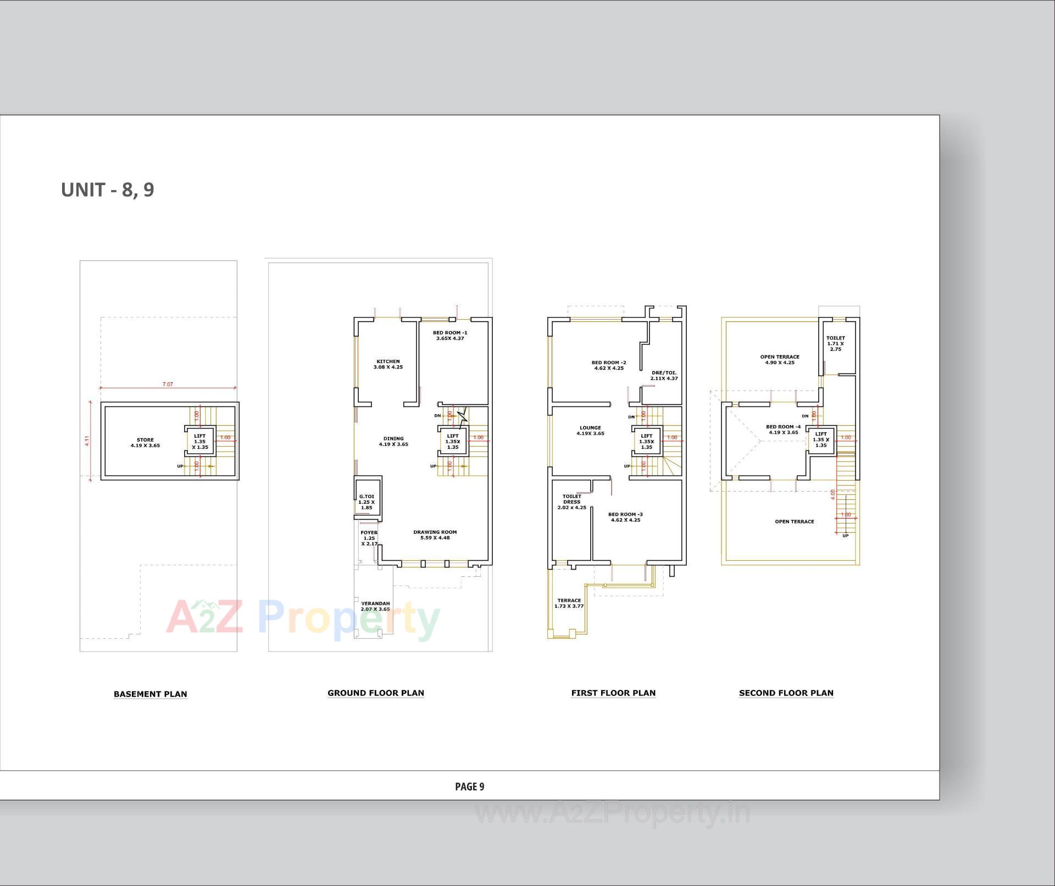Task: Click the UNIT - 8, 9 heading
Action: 108,190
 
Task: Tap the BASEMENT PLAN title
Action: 150,694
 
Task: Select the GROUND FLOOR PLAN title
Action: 376,693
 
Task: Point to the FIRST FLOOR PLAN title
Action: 613,693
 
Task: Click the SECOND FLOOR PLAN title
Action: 786,693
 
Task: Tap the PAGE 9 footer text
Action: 469,787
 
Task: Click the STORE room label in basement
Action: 145,443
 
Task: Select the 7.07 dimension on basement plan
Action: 168,385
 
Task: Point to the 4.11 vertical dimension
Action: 87,441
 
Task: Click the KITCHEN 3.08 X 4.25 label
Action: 388,364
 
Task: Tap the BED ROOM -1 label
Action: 450,335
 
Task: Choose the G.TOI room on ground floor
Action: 367,501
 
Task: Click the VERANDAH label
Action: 375,606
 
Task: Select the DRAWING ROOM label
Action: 435,534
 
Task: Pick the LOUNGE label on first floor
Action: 590,430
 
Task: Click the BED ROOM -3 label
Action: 625,517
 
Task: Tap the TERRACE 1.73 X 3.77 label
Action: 569,603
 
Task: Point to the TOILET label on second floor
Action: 835,343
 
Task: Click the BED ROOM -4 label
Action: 783,429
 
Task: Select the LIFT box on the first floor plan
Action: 646,441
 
